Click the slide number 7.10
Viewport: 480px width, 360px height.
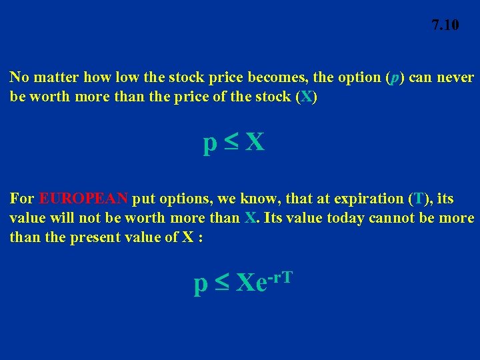(x=445, y=25)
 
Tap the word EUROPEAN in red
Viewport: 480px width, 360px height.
(x=83, y=199)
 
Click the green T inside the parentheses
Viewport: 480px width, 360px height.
(x=419, y=199)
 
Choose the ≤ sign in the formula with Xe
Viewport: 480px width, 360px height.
(x=220, y=283)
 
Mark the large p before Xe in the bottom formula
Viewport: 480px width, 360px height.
(x=199, y=285)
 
